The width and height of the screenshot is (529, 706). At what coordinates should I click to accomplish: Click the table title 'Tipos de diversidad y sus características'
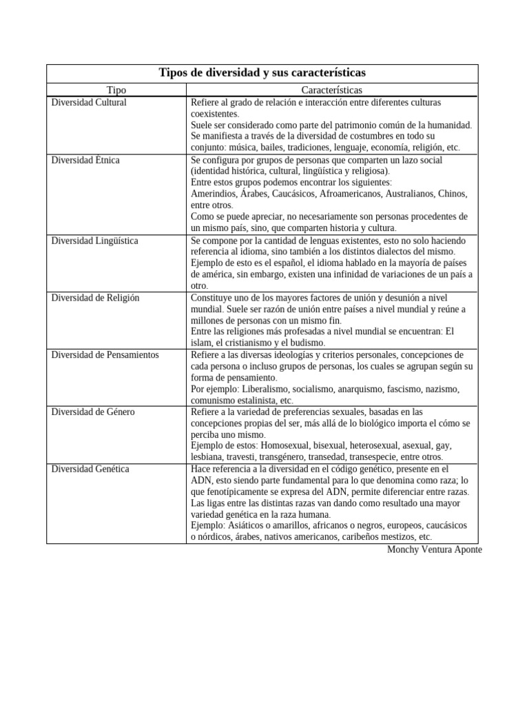coord(262,72)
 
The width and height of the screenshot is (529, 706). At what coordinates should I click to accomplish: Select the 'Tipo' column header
coord(116,90)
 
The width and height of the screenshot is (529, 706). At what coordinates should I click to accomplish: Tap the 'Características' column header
coord(331,90)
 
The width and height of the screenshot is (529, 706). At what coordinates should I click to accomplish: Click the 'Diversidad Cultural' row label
coord(89,102)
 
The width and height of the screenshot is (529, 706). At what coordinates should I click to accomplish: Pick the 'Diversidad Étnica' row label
coord(85,160)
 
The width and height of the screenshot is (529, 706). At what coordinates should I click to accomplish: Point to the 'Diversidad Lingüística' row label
coord(94,241)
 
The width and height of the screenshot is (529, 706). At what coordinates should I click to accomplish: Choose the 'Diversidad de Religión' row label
coord(95,297)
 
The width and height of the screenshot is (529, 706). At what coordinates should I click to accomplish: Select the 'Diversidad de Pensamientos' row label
coord(105,354)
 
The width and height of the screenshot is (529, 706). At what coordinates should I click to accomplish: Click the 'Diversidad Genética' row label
coord(90,469)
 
